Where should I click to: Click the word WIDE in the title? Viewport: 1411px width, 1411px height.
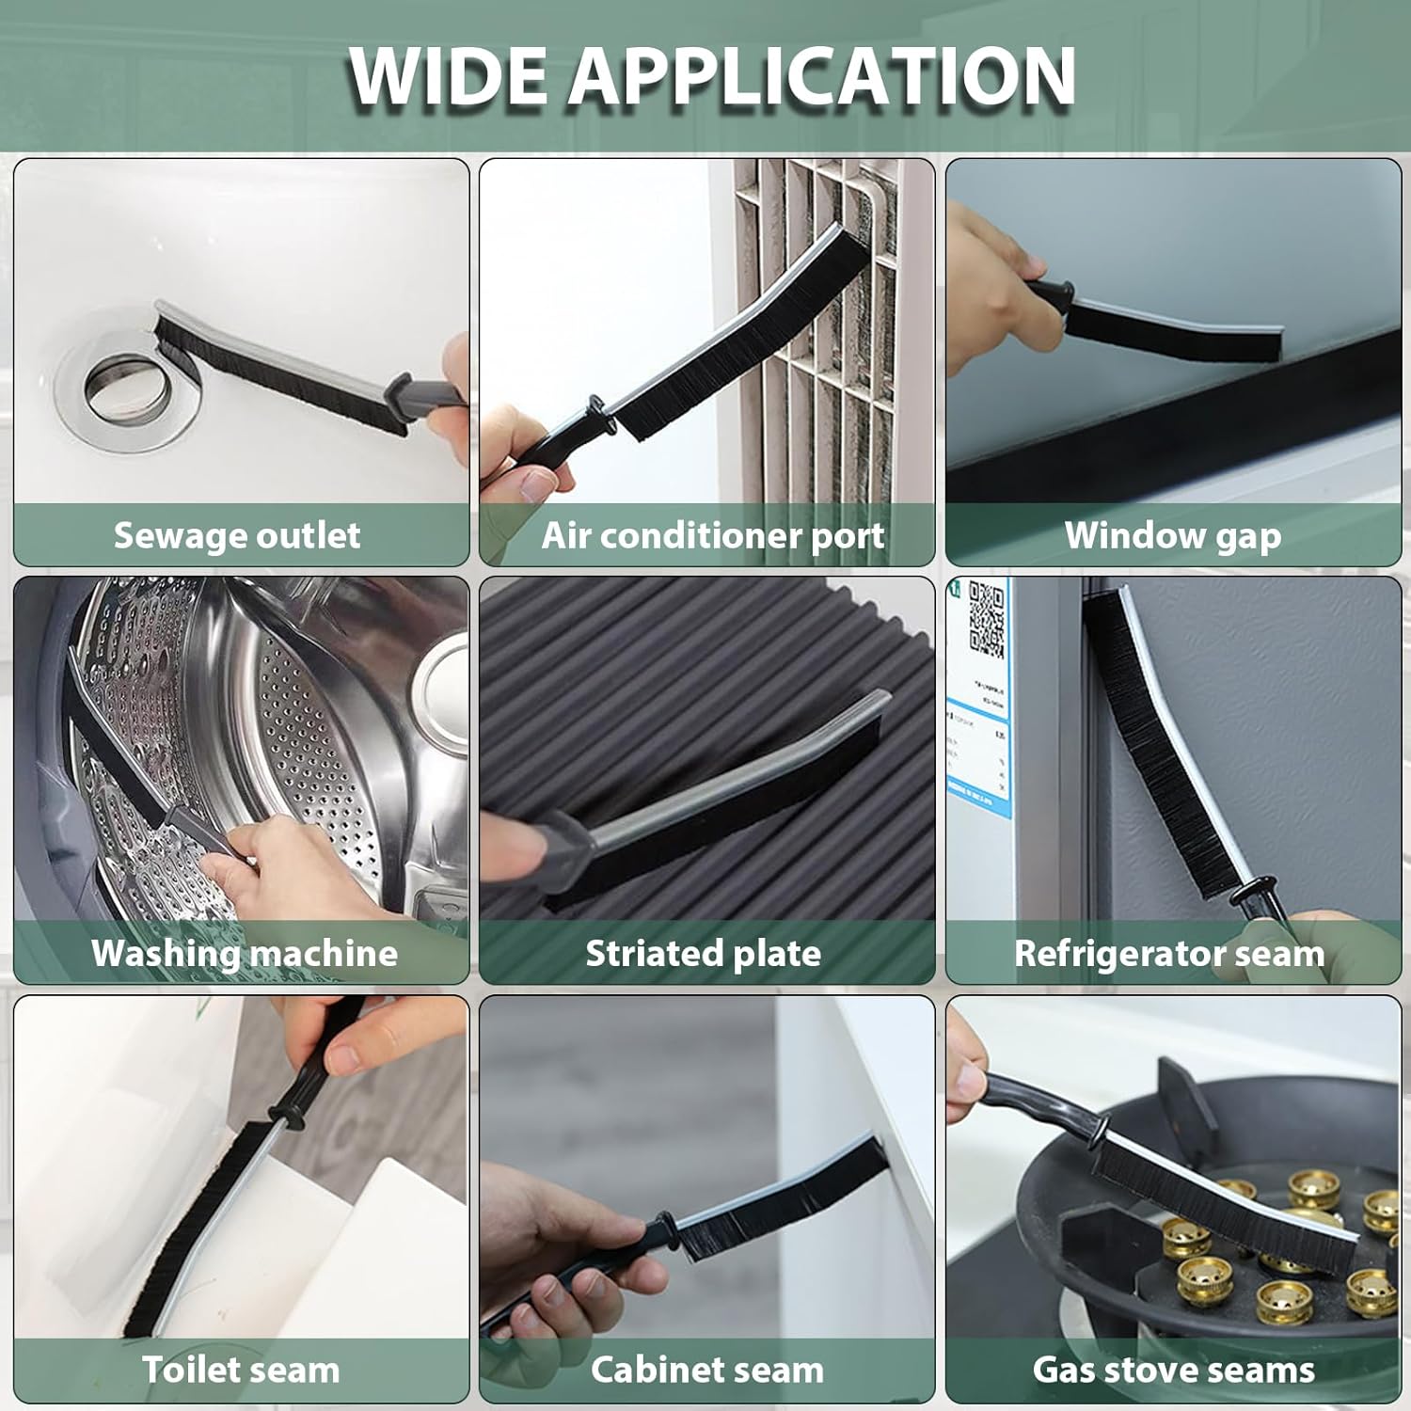click(x=448, y=75)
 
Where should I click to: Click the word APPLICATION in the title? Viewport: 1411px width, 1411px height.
click(x=821, y=75)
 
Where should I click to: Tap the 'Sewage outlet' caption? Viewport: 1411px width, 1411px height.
click(x=237, y=535)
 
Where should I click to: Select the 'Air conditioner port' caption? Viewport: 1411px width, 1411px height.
click(x=713, y=536)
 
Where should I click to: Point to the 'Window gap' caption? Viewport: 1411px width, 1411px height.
click(x=1173, y=536)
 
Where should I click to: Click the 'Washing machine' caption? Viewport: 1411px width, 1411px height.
click(x=245, y=953)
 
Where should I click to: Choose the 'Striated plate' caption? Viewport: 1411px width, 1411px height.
click(x=704, y=953)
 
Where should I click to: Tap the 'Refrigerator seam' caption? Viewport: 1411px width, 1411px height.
click(x=1169, y=953)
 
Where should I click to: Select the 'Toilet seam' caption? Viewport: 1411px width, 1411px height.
click(x=241, y=1370)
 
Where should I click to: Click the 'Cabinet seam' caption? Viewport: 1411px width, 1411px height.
click(x=707, y=1370)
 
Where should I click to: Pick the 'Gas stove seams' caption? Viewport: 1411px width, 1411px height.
click(x=1174, y=1370)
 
